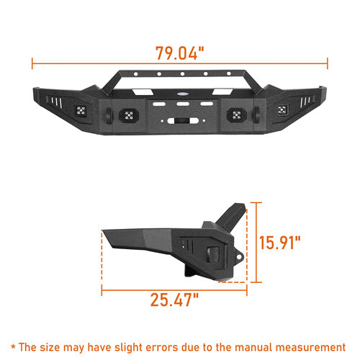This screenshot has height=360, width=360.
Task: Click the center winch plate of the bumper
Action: (x=181, y=116)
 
